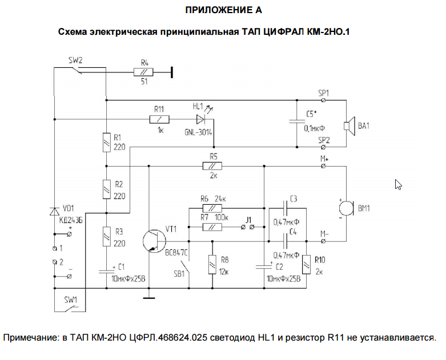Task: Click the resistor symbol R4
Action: [143, 72]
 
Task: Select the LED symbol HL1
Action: [200, 120]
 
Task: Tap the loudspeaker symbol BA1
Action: [349, 126]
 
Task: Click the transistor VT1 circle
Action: [154, 241]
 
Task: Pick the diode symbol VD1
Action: [54, 212]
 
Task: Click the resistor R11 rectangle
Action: [159, 120]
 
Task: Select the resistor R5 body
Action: [212, 166]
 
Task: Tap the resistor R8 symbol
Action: [212, 265]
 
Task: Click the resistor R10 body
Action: [306, 265]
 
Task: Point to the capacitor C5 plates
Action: [297, 122]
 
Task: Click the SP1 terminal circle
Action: [323, 100]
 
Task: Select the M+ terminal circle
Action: [323, 166]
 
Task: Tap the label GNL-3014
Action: [198, 132]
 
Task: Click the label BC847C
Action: [176, 253]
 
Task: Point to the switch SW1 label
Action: [71, 300]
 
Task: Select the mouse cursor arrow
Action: [398, 185]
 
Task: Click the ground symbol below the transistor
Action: [148, 298]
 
